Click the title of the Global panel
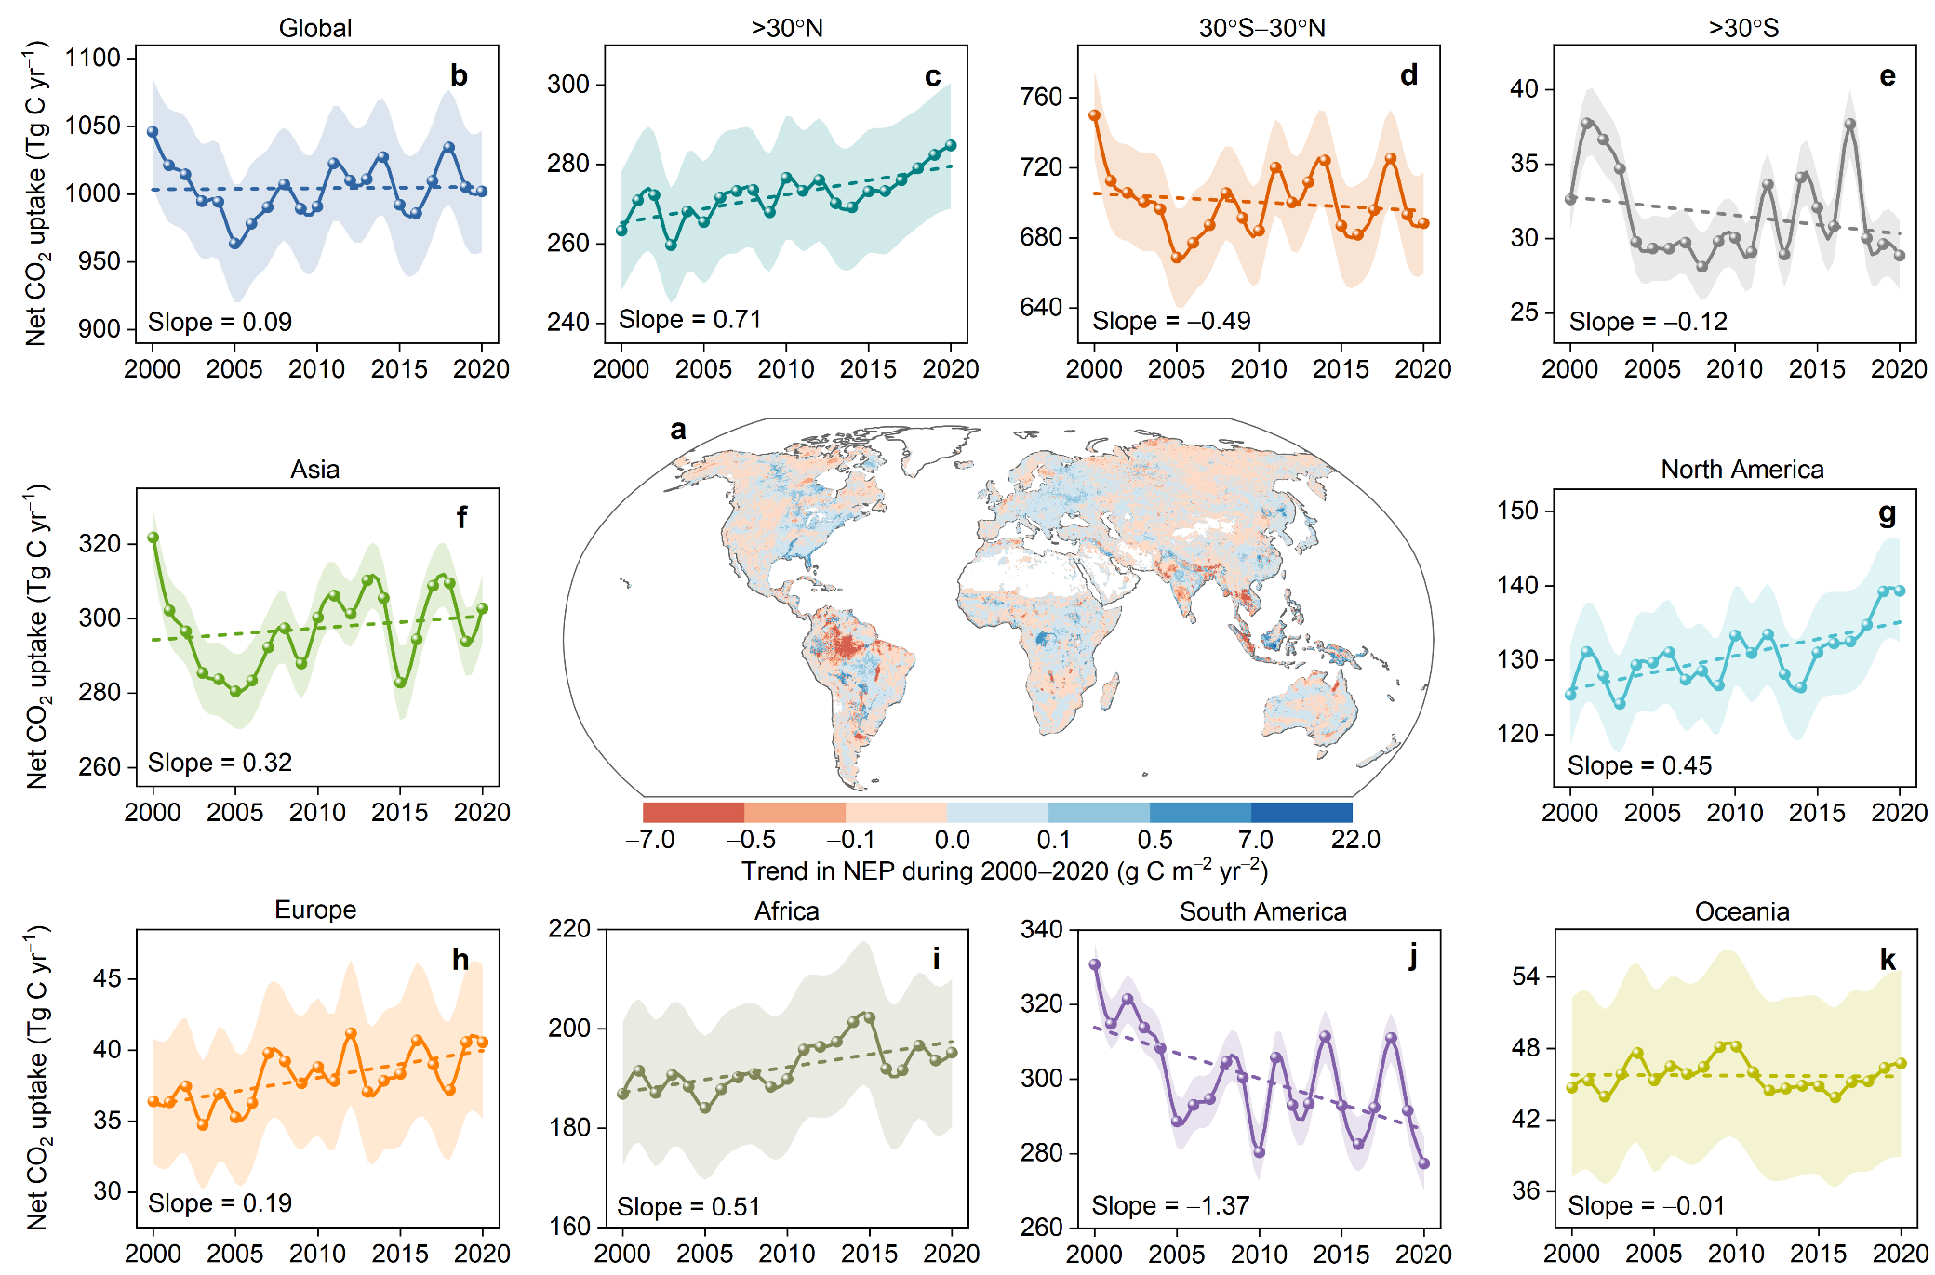(315, 28)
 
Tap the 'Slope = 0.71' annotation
(689, 320)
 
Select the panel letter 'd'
(1408, 76)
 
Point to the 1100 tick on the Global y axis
(93, 58)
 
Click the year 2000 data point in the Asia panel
(153, 538)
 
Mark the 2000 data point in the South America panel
(1095, 965)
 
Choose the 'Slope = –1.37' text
(1169, 1205)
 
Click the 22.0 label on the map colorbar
(1354, 840)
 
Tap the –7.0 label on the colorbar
(649, 840)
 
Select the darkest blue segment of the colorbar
(1301, 812)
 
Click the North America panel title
(1741, 470)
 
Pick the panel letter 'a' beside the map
(678, 430)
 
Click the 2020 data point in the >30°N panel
(951, 145)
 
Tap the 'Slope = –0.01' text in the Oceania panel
(1646, 1205)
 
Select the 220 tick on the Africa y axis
(569, 929)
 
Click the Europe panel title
(315, 910)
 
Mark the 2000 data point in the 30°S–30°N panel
(1095, 116)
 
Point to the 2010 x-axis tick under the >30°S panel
(1734, 369)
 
